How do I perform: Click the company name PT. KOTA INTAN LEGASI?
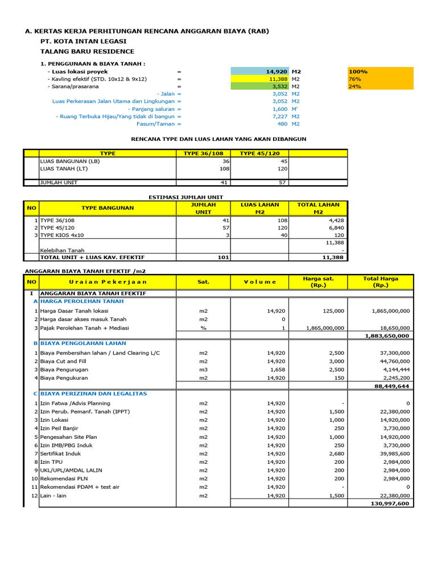point(83,41)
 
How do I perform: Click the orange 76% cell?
point(380,79)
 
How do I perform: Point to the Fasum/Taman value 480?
point(283,123)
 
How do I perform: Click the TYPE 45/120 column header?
point(259,153)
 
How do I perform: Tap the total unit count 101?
point(223,257)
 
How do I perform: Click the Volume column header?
point(260,281)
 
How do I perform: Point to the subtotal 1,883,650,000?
point(386,336)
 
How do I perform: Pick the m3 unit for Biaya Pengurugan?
point(203,369)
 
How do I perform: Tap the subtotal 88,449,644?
point(390,386)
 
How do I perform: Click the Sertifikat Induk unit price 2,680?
point(335,454)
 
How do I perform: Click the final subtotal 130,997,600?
point(389,504)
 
